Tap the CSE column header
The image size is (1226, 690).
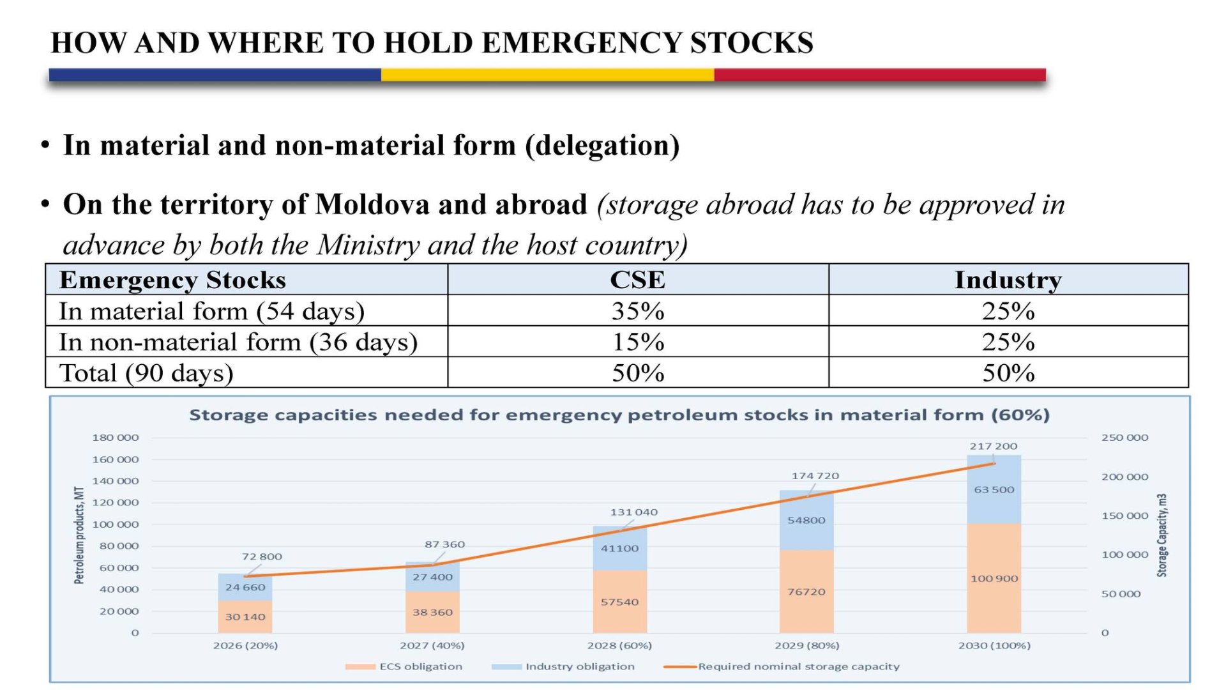pyautogui.click(x=637, y=280)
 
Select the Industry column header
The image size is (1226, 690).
pyautogui.click(x=1008, y=280)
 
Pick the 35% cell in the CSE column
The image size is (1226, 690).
pyautogui.click(x=637, y=311)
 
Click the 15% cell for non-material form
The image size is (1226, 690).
pyautogui.click(x=637, y=342)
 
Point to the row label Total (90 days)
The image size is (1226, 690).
pyautogui.click(x=146, y=373)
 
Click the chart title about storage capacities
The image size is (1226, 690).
pyautogui.click(x=619, y=415)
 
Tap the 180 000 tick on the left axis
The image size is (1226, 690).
pyautogui.click(x=115, y=438)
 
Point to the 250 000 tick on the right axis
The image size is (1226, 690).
pyautogui.click(x=1124, y=438)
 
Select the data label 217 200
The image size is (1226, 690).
pyautogui.click(x=993, y=446)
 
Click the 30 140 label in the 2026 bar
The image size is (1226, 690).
pyautogui.click(x=245, y=617)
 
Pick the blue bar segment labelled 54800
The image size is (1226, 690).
pyautogui.click(x=806, y=521)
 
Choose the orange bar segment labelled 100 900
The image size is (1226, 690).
pyautogui.click(x=994, y=579)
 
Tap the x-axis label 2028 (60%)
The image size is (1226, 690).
pyautogui.click(x=619, y=645)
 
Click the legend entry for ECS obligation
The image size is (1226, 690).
pyautogui.click(x=420, y=666)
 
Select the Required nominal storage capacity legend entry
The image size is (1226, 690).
pyautogui.click(x=798, y=666)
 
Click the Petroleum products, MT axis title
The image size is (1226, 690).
pyautogui.click(x=79, y=535)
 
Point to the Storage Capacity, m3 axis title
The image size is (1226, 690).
pyautogui.click(x=1162, y=535)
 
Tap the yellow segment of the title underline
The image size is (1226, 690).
pyautogui.click(x=547, y=75)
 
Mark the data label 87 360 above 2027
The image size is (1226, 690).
pyautogui.click(x=444, y=544)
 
